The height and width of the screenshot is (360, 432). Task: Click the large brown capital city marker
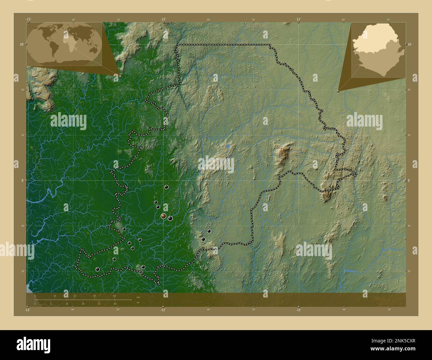(163, 216)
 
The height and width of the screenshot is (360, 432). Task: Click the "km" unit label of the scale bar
(138, 297)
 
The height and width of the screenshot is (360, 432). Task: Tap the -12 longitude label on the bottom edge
(163, 310)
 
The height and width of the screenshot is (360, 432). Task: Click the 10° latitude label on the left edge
(21, 44)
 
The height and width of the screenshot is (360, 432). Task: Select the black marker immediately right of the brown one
(170, 218)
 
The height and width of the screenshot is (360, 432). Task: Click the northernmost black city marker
(166, 187)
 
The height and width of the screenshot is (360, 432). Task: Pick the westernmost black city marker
(97, 269)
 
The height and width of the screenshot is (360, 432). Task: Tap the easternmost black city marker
(209, 231)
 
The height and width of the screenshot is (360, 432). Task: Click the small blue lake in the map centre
(228, 146)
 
